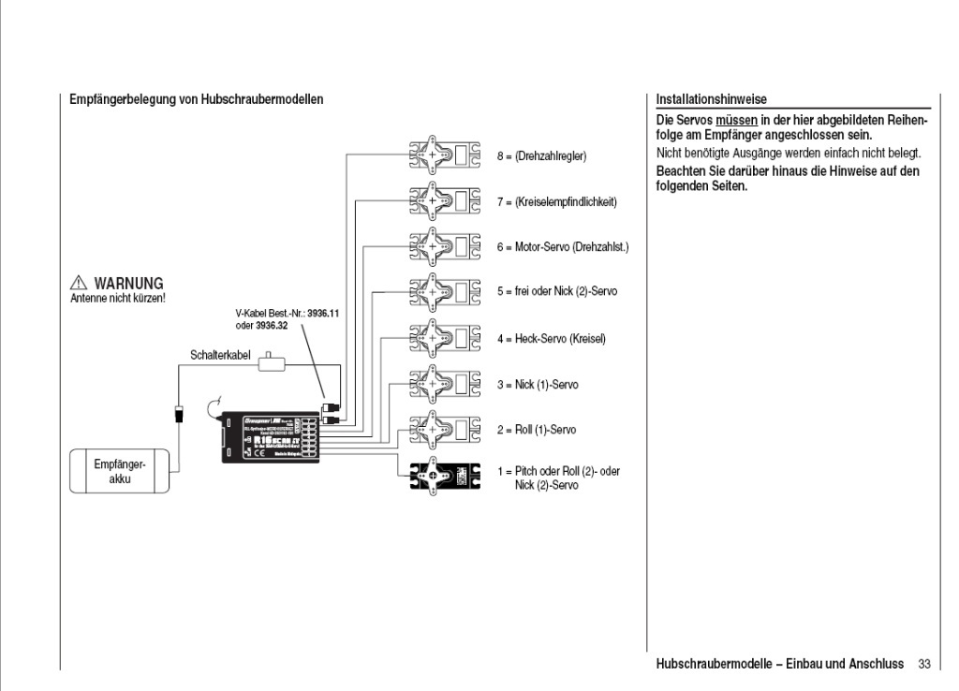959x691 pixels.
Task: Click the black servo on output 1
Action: (x=445, y=478)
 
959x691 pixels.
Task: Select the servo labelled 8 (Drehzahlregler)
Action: (x=445, y=156)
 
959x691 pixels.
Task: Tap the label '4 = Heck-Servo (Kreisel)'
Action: (x=551, y=339)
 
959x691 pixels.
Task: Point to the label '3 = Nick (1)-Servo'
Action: (x=542, y=385)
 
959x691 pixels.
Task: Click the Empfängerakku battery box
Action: (x=120, y=471)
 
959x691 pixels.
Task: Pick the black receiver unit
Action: (x=271, y=436)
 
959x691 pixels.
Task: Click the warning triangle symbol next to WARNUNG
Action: (x=79, y=284)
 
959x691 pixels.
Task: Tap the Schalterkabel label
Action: (x=218, y=356)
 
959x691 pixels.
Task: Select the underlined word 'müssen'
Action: (x=736, y=122)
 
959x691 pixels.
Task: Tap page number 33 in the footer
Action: (x=924, y=664)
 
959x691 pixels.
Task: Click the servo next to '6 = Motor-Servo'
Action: (x=445, y=247)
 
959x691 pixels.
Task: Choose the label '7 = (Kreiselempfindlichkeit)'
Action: (x=556, y=202)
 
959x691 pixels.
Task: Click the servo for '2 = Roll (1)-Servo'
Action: (x=445, y=430)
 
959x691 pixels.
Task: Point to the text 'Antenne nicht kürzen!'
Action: (x=118, y=299)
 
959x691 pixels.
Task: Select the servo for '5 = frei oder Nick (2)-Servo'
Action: (x=445, y=292)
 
